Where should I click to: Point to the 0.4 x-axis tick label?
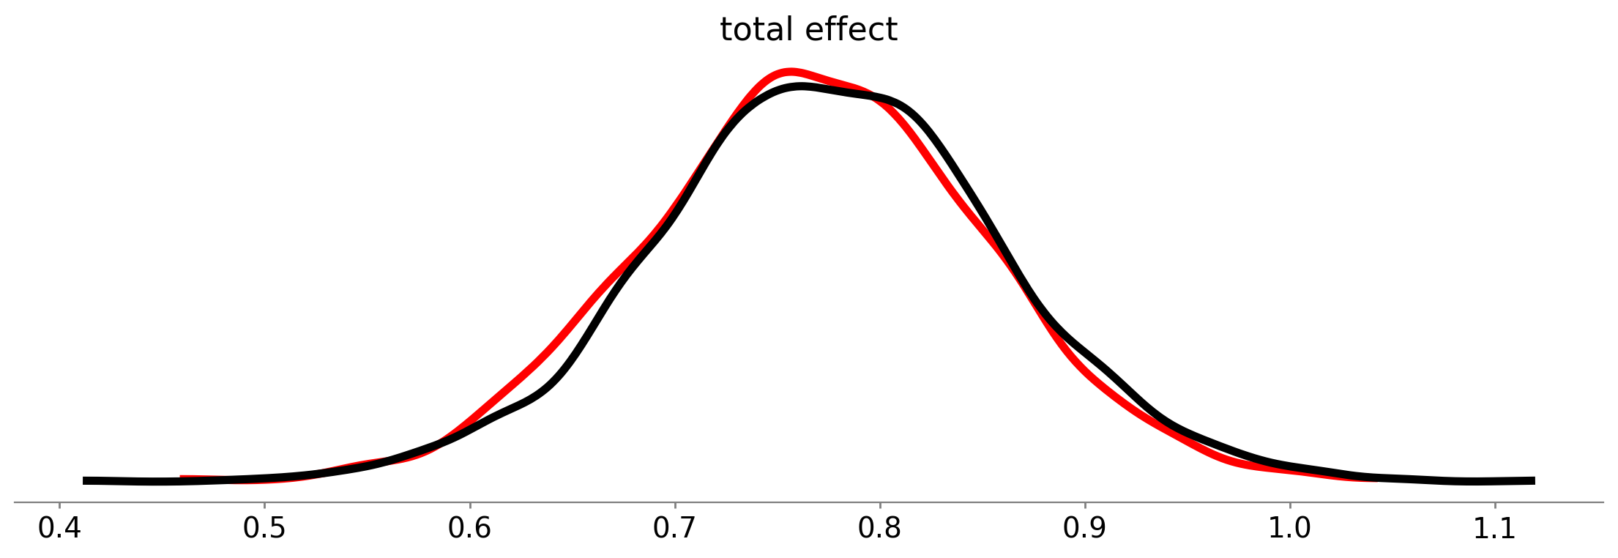pos(59,529)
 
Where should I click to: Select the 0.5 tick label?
pos(264,529)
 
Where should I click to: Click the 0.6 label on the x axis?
pos(469,529)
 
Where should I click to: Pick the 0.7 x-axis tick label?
pos(674,529)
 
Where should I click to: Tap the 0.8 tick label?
pos(879,529)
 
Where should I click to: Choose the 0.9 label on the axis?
pos(1084,529)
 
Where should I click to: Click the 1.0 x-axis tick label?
pos(1289,529)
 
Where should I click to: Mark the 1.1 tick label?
pos(1494,529)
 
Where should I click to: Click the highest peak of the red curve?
pos(789,72)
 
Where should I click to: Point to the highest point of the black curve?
pos(802,87)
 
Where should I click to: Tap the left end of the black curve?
pos(85,480)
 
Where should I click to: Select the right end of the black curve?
pos(1533,480)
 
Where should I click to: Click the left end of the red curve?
pos(182,478)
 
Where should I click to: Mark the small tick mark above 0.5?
pos(264,505)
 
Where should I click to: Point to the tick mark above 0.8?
pos(879,505)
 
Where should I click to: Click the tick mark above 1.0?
pos(1289,505)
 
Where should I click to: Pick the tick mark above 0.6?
pos(469,505)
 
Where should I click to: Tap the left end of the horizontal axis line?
pos(15,502)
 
